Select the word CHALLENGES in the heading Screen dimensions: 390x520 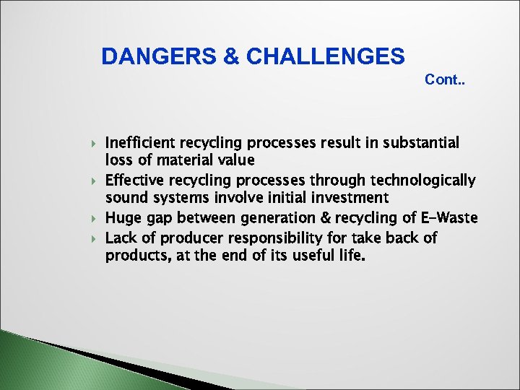click(x=326, y=56)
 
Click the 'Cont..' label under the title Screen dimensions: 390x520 click(x=445, y=79)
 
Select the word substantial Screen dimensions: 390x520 click(x=422, y=142)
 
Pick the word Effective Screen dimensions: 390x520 click(x=135, y=180)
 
